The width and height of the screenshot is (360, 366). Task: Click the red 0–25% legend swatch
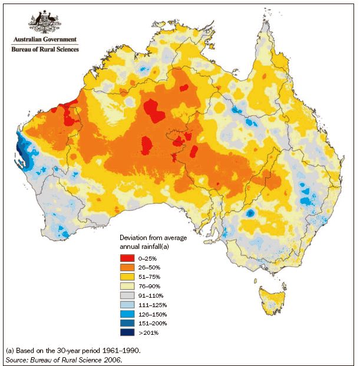tap(128, 258)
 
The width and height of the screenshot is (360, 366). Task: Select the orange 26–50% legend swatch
tap(128, 267)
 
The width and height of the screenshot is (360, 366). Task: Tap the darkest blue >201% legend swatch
tap(128, 333)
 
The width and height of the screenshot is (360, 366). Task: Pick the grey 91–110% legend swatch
tap(128, 295)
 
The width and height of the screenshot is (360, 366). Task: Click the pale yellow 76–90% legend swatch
tap(128, 286)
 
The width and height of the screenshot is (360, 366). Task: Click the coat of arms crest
tap(44, 22)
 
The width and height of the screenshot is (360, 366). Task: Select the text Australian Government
tap(44, 40)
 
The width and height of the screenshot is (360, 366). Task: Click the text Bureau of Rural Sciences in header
tap(44, 49)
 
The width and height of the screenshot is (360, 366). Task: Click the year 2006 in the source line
tap(110, 358)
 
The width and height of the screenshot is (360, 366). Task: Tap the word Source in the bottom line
tap(18, 358)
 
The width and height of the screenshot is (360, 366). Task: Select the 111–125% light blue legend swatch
tap(128, 305)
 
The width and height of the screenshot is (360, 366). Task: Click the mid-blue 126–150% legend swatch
tap(128, 314)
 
